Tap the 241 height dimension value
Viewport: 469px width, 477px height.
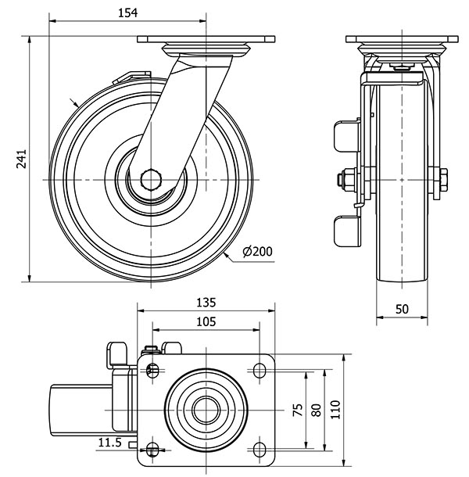[x=22, y=158]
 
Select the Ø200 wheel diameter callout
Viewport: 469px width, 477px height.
[x=257, y=251]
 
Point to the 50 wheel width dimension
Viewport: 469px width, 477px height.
[x=402, y=309]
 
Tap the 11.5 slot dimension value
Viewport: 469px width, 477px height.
[x=111, y=443]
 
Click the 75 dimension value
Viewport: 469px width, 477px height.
[x=297, y=411]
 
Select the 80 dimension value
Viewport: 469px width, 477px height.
[x=316, y=411]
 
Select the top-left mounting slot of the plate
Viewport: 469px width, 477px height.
[x=152, y=370]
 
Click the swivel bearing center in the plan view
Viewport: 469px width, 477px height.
[x=206, y=409]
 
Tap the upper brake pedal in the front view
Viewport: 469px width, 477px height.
[x=345, y=135]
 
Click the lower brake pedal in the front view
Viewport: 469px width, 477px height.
[x=344, y=230]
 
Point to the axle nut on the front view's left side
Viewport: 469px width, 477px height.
[x=344, y=181]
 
